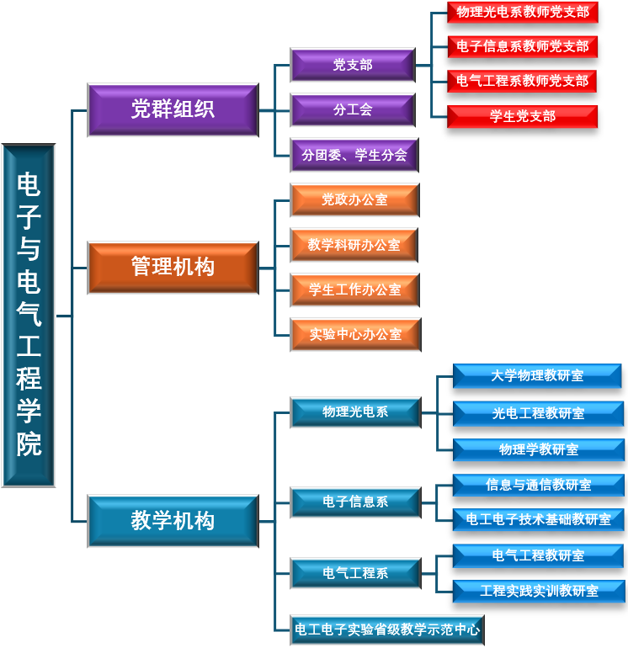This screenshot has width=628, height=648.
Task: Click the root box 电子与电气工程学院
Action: pos(29,316)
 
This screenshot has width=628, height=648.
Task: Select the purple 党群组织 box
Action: pos(173,109)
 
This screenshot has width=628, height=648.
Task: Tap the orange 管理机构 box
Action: pos(173,268)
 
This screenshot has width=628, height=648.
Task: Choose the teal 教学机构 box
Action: pos(173,521)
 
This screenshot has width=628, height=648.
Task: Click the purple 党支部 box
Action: pos(353,65)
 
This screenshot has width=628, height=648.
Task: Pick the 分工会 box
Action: pos(353,109)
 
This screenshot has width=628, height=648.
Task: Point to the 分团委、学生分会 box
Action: pos(354,155)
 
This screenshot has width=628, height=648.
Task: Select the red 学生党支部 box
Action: pos(522,116)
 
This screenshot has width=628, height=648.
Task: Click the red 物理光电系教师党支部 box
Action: pos(522,13)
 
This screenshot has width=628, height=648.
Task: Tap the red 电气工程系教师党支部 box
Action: pos(522,82)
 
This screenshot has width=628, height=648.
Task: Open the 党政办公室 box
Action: pos(354,200)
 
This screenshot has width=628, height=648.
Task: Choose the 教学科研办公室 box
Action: pos(354,245)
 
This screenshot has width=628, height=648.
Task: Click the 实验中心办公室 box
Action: pos(355,334)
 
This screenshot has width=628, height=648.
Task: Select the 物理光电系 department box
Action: pos(355,412)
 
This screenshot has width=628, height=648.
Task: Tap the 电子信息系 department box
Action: pos(355,502)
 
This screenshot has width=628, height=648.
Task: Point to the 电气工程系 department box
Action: pos(355,573)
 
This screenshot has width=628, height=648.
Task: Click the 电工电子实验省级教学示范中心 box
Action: pos(387,629)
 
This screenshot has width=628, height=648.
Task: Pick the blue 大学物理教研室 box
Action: pos(537,376)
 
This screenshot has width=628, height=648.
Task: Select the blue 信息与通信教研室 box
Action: pos(538,485)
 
